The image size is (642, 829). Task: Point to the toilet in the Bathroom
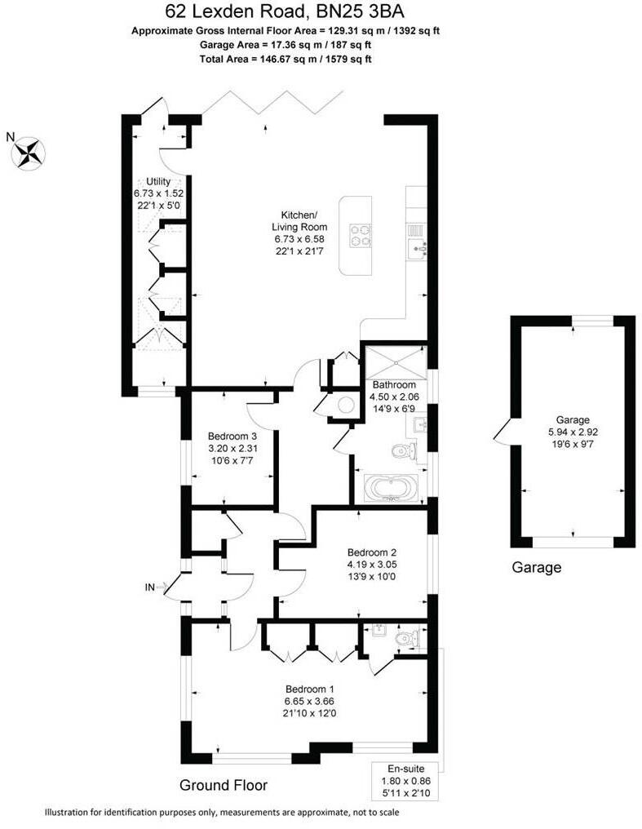(x=403, y=452)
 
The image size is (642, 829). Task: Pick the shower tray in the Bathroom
(x=393, y=361)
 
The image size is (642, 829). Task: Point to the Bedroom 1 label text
(x=308, y=687)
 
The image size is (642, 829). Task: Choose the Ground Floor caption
(x=223, y=786)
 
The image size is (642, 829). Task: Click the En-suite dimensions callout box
(x=406, y=780)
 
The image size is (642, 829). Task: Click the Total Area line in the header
(x=286, y=59)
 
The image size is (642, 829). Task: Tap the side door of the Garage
(x=498, y=430)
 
